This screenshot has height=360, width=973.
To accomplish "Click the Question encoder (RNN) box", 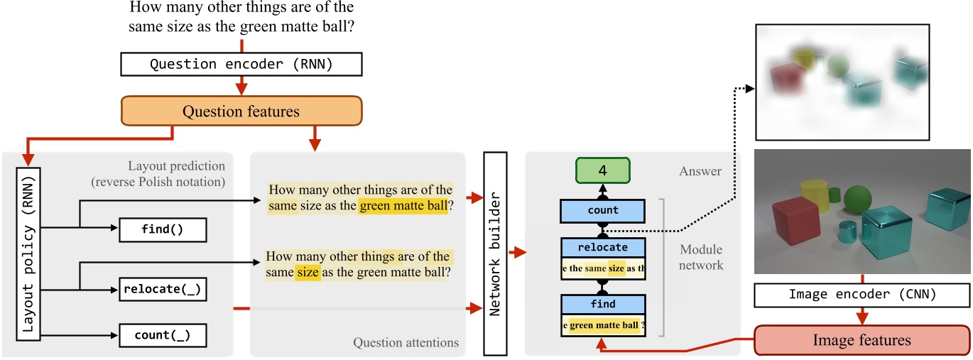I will [241, 65].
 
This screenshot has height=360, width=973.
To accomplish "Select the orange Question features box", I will [241, 111].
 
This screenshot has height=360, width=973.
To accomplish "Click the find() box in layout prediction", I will [163, 229].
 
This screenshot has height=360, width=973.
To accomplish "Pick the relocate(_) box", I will [163, 290].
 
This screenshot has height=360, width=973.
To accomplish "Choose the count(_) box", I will [163, 335].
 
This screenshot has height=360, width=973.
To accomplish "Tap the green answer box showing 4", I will [602, 171].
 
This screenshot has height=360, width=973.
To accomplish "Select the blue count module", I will [602, 211].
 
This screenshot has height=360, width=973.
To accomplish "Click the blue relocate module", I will [602, 248].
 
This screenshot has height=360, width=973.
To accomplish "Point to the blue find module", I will [602, 304].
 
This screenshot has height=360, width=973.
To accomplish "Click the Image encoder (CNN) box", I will [861, 295].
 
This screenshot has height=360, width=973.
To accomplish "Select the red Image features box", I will [861, 339].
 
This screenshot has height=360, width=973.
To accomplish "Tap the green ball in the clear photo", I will [858, 199].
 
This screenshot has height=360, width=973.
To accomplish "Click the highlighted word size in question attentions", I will [308, 273].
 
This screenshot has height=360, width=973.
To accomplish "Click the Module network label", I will [701, 257].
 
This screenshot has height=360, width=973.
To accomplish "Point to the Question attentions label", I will [406, 343].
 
